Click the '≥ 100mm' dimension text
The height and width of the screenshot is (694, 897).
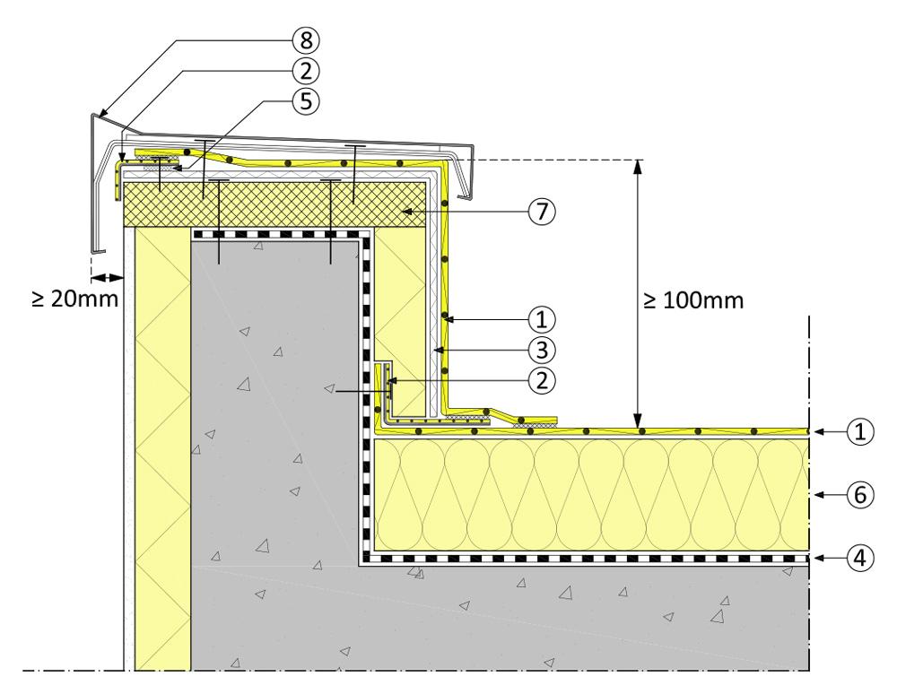(x=693, y=300)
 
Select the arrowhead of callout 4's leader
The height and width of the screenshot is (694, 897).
(x=817, y=557)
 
